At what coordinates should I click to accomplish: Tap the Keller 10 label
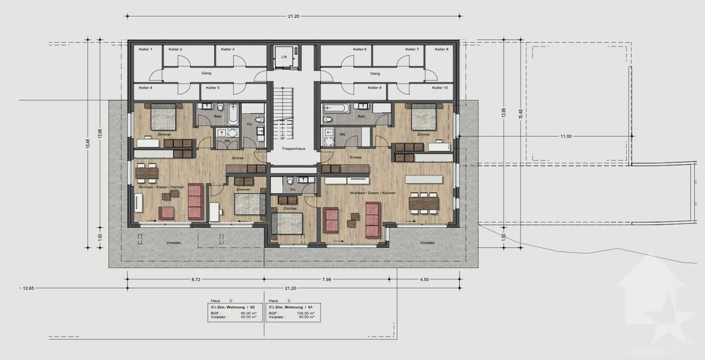pos(440,88)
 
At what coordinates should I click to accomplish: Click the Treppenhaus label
pos(294,148)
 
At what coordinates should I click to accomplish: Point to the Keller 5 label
pos(212,88)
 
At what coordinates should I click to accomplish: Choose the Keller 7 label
pos(412,49)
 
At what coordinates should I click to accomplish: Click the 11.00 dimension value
pos(565,136)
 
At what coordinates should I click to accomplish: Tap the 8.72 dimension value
pos(195,280)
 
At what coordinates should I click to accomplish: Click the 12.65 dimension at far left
pos(28,288)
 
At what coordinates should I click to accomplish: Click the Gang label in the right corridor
pos(375,73)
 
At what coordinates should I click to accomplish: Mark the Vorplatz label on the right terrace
pos(427,242)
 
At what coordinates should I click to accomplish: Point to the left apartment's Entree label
pos(238,158)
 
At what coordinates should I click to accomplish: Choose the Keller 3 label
pos(228,49)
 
